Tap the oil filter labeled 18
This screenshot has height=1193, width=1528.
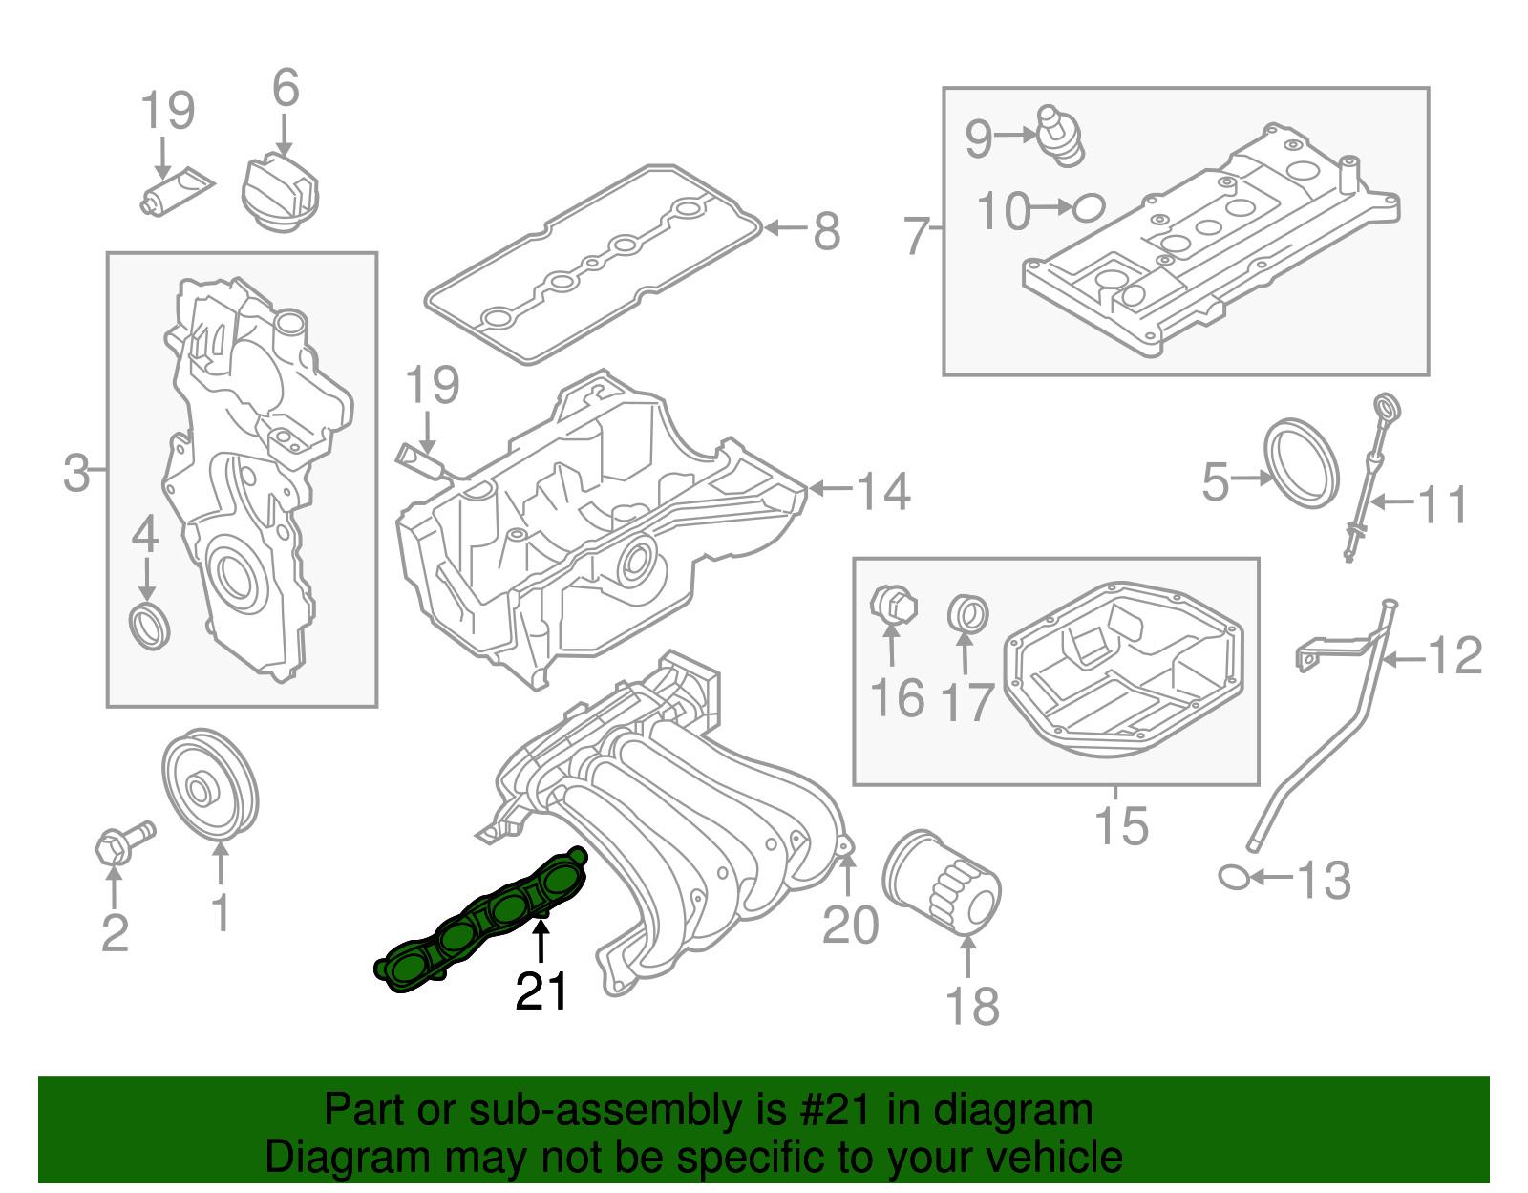[x=941, y=884]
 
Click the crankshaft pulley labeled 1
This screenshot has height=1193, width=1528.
[x=210, y=786]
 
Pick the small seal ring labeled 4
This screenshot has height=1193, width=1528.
[x=150, y=626]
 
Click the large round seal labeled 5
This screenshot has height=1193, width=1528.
[x=1301, y=462]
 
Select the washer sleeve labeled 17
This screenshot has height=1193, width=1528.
[x=967, y=612]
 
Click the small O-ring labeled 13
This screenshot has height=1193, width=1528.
[x=1235, y=876]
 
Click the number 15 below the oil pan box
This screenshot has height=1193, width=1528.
[x=1121, y=825]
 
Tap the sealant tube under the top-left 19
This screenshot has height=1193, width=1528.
[x=177, y=192]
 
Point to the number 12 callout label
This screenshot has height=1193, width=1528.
[x=1454, y=656]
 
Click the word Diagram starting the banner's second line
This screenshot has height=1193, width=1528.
[x=333, y=1157]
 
